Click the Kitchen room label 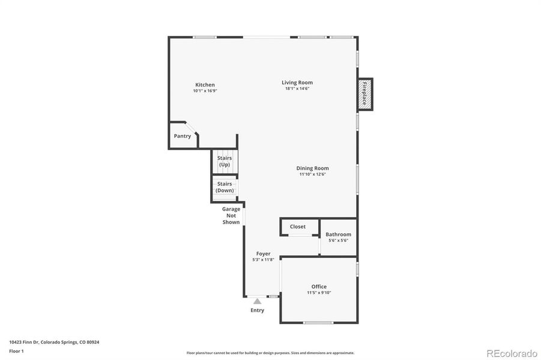click(x=205, y=85)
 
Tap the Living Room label click(x=297, y=82)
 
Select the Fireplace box click(x=364, y=94)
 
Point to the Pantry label click(x=183, y=136)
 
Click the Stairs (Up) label click(x=225, y=161)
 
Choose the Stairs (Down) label click(x=225, y=187)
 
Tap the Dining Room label click(x=312, y=168)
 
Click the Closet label click(x=298, y=227)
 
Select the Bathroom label click(x=338, y=235)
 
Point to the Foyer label click(x=263, y=254)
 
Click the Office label click(x=319, y=287)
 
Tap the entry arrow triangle click(x=257, y=301)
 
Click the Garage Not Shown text click(x=231, y=215)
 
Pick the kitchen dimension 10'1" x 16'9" click(x=205, y=91)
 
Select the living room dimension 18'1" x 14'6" click(x=297, y=89)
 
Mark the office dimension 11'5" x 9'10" click(x=319, y=293)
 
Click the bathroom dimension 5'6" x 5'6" click(x=338, y=241)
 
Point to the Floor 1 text click(x=16, y=350)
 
